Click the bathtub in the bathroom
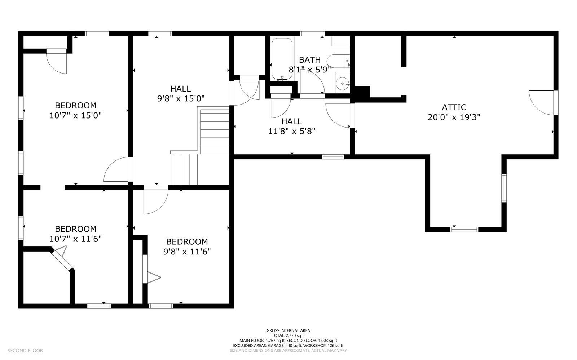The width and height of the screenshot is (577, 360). point(282,59)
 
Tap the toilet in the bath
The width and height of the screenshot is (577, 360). point(338,61)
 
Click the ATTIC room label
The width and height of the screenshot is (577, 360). point(454,107)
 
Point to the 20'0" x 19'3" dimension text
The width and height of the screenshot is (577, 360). point(454,117)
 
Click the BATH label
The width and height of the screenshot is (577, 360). point(310,60)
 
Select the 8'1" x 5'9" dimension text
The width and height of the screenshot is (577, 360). point(310,70)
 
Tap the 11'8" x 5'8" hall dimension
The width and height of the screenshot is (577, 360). point(292,131)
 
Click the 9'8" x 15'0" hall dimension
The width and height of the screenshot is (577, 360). point(181,98)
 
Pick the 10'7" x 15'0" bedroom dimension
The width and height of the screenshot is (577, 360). point(75,115)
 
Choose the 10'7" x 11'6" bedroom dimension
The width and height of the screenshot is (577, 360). point(75,239)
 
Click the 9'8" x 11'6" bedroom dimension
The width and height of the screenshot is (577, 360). point(187,252)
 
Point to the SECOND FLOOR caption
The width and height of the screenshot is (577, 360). point(25,351)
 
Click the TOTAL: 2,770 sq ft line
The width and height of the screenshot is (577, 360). point(288,335)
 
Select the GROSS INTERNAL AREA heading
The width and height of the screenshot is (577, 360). point(288,330)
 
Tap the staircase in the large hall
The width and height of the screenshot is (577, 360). point(200,146)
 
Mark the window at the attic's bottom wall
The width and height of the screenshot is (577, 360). point(464,229)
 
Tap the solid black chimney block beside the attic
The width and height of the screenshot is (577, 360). point(362,92)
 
